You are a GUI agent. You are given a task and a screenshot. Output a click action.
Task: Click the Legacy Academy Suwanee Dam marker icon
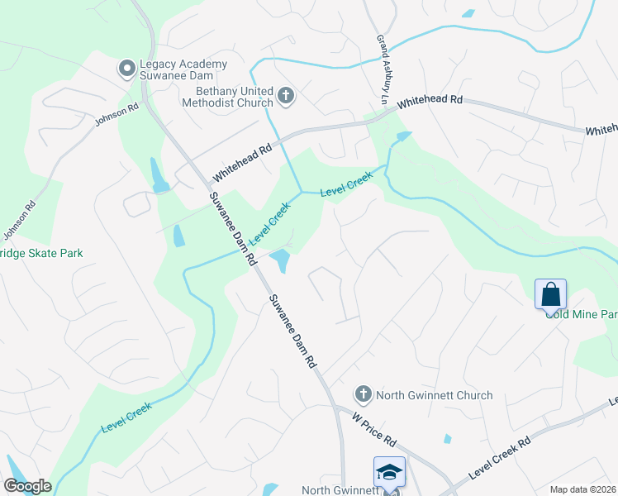click(x=127, y=69)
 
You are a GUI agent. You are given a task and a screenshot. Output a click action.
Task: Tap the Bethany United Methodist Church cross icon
click(x=285, y=97)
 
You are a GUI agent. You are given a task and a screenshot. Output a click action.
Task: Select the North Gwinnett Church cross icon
click(x=363, y=395)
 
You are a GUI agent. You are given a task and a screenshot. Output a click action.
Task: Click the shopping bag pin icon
click(x=550, y=294)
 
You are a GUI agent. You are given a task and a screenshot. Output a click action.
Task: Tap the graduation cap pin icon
click(x=389, y=471)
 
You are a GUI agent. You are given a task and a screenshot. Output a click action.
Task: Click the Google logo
click(x=27, y=486)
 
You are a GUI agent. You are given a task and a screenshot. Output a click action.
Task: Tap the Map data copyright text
click(x=583, y=489)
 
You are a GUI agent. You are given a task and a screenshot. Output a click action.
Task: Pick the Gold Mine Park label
click(x=581, y=315)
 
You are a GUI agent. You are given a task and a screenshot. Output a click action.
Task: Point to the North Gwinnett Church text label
click(x=434, y=395)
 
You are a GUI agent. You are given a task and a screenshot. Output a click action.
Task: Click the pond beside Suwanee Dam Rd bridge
click(x=280, y=260)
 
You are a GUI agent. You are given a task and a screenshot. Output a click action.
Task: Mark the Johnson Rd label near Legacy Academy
click(x=116, y=114)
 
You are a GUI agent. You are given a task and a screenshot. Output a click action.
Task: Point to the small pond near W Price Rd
click(x=447, y=439)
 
